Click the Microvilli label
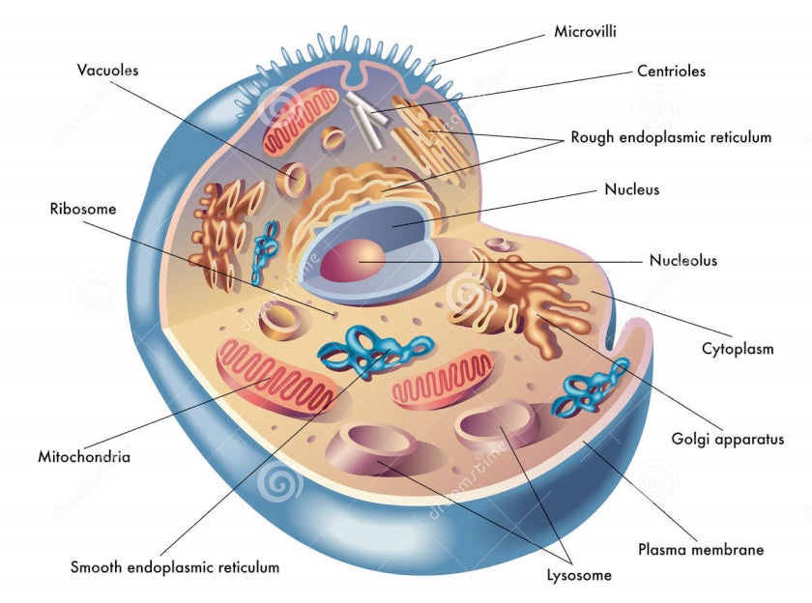pos(585,32)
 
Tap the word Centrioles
pos(671,71)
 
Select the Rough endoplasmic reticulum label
pos(671,137)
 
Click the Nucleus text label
pos(632,189)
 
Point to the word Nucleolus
pos(683,260)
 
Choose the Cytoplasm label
pos(738,349)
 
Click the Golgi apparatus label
pos(728,440)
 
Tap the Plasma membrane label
pos(701,549)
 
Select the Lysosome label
pos(579,575)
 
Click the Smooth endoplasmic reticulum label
pos(175,567)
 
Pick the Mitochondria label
pos(84,457)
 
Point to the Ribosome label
pos(83,209)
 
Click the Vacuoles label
pos(107,71)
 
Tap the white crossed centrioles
pos(366,120)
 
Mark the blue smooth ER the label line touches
pos(374,351)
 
